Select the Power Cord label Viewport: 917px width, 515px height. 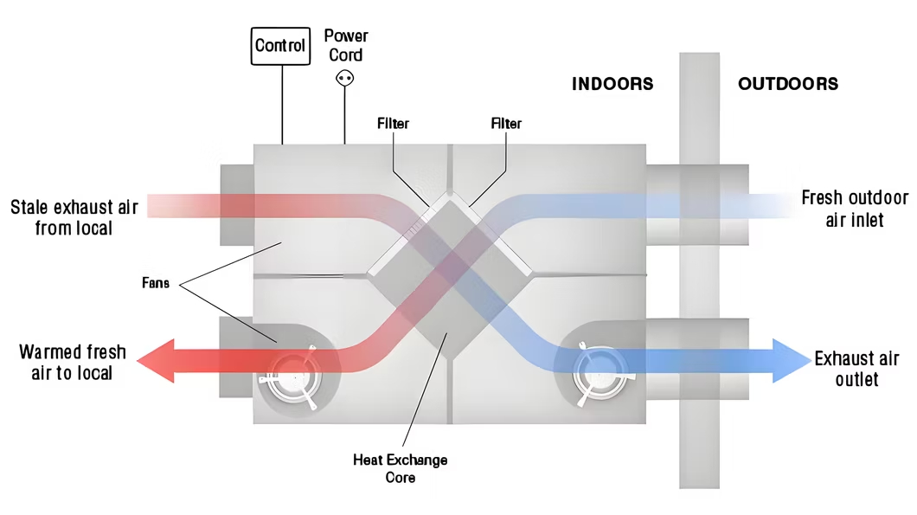point(346,45)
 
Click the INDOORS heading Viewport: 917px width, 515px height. point(612,84)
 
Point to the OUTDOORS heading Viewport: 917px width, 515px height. point(788,84)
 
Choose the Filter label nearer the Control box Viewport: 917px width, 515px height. point(393,124)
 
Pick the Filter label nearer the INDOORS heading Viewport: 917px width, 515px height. point(506,124)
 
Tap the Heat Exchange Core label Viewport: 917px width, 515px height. point(401,468)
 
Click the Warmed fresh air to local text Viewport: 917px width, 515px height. point(73,363)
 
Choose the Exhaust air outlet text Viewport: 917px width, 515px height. point(856,370)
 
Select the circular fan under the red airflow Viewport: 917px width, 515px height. point(292,379)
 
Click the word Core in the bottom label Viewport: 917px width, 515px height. point(401,477)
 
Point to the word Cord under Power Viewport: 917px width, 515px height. point(346,55)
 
